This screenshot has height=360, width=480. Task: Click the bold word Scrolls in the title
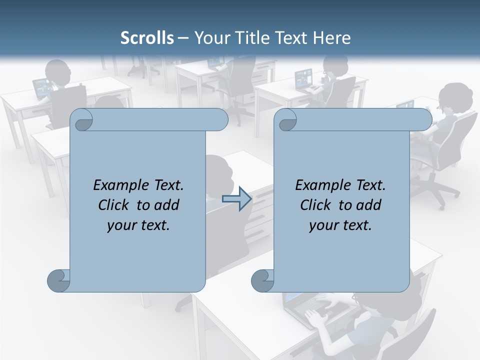pyautogui.click(x=147, y=38)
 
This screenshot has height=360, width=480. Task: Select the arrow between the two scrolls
pyautogui.click(x=236, y=199)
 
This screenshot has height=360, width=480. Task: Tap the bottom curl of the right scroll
pyautogui.click(x=262, y=280)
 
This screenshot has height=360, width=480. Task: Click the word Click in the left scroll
pyautogui.click(x=114, y=205)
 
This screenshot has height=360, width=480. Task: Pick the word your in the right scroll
pyautogui.click(x=323, y=225)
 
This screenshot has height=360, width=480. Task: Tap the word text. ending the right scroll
pyautogui.click(x=356, y=225)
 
